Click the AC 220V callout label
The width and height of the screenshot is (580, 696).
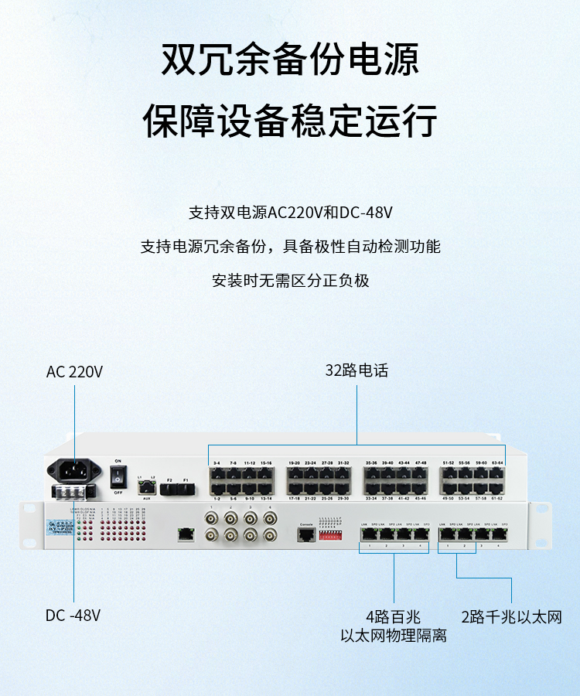coord(74,372)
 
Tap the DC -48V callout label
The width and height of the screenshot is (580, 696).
coord(73,616)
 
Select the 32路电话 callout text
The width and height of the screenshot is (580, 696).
coord(357,371)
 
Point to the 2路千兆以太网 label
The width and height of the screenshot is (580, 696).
coord(511,617)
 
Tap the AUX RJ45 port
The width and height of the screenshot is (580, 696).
coord(146,488)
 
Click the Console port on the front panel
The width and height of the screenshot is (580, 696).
coord(305,535)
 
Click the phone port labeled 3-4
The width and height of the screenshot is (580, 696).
coord(217,473)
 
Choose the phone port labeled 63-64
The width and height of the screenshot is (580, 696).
coord(497,473)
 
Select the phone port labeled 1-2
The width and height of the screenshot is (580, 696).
coord(217,489)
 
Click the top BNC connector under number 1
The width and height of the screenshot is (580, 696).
coord(210,519)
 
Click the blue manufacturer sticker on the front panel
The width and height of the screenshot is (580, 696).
coord(57,527)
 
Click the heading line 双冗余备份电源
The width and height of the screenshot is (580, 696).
coord(290,60)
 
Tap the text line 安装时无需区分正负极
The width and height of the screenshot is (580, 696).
coord(290,280)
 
